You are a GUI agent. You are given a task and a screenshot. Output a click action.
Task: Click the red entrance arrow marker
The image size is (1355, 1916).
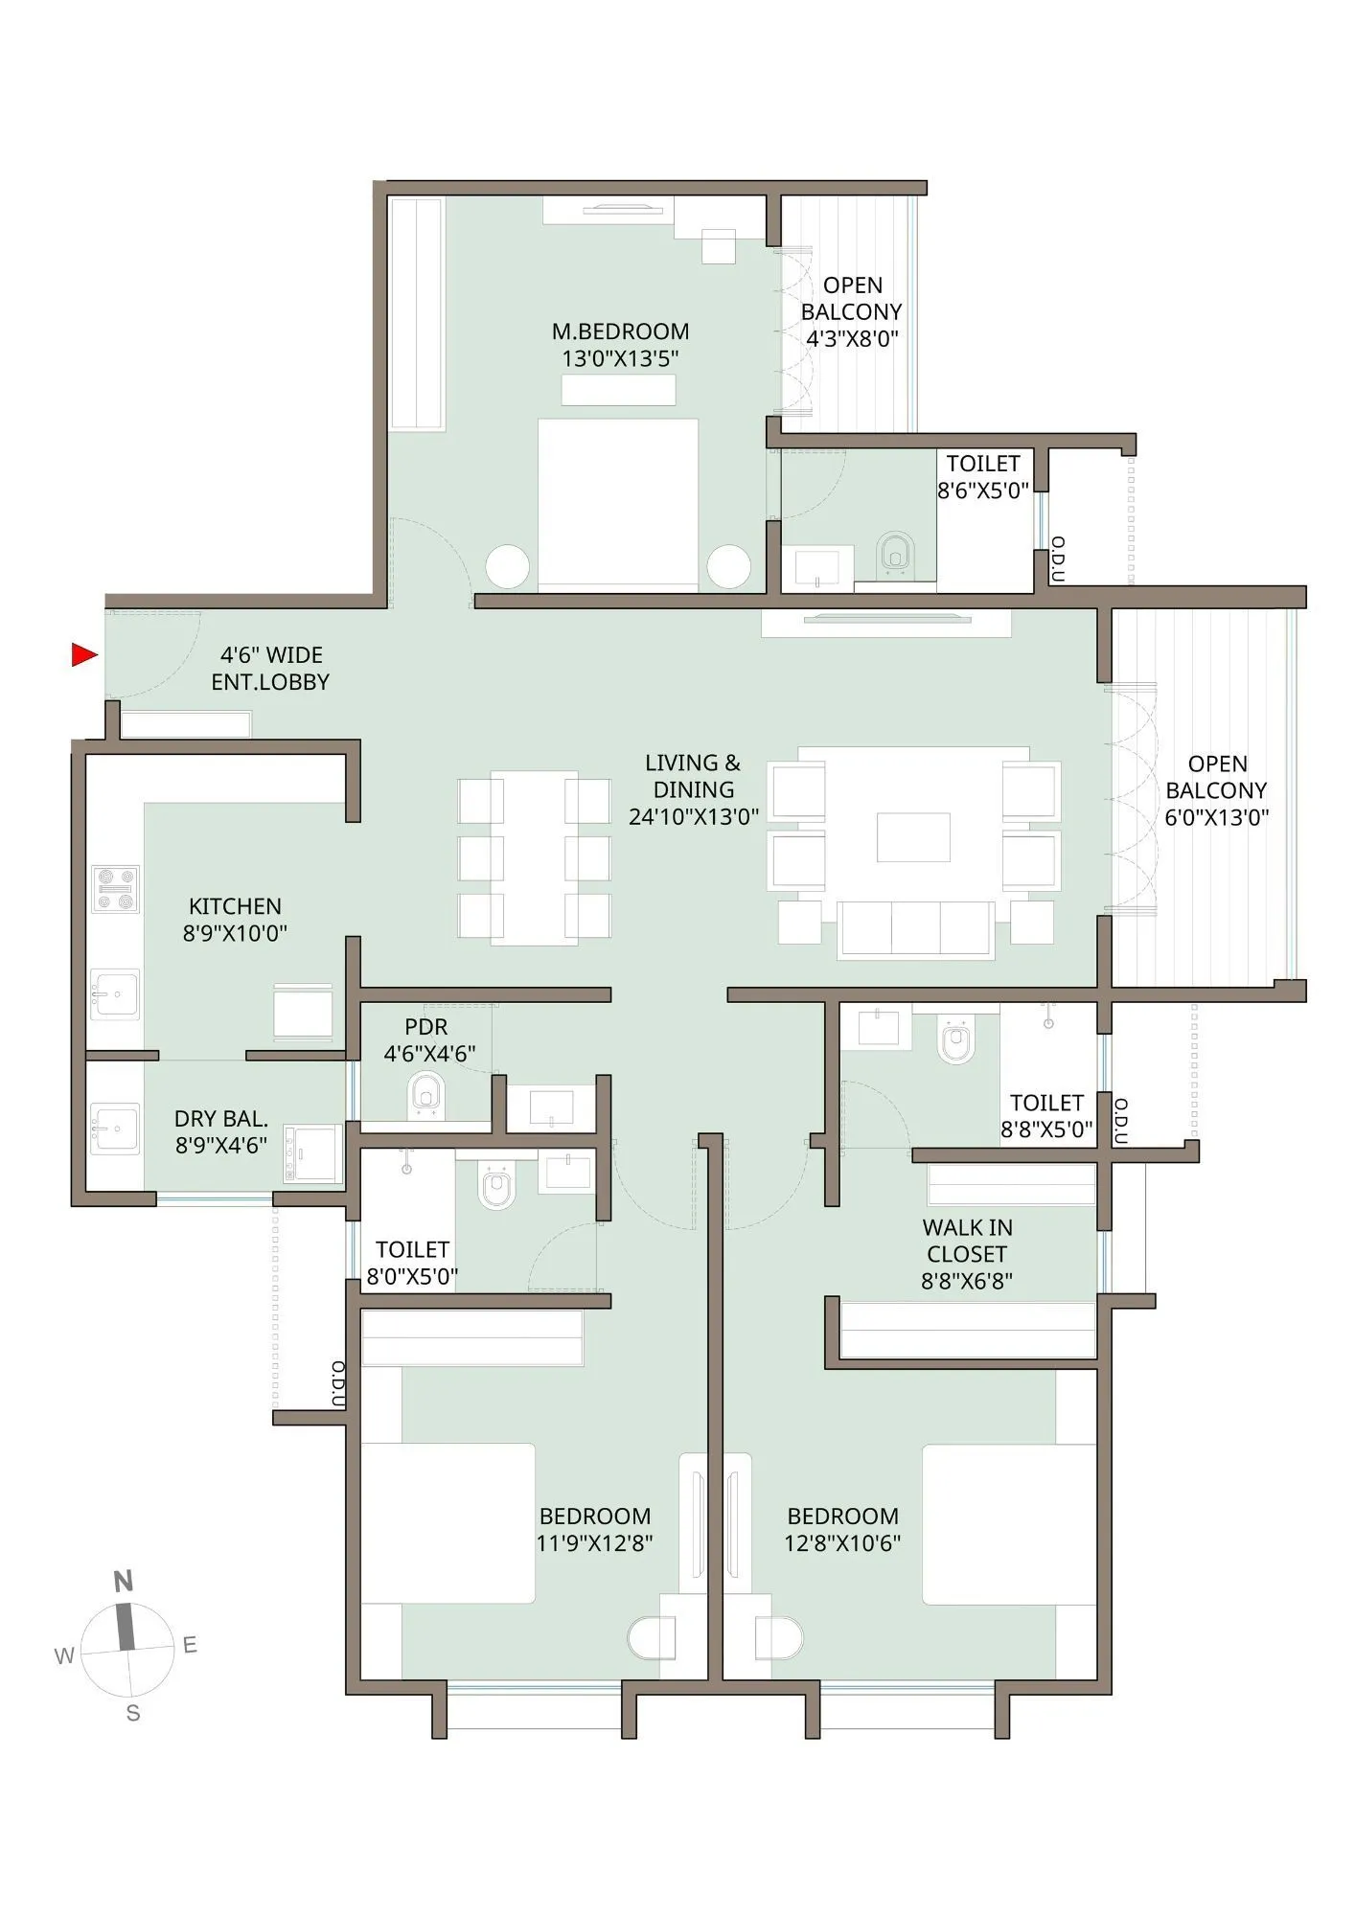pos(84,655)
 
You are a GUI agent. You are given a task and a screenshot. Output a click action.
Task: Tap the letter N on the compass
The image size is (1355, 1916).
pos(123,1582)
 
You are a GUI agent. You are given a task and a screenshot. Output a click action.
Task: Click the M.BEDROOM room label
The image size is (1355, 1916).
pos(620,331)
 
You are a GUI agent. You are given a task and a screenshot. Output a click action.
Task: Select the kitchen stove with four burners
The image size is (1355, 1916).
pos(115,889)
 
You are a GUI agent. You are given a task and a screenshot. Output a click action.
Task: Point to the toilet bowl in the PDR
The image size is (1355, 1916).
pos(426,1094)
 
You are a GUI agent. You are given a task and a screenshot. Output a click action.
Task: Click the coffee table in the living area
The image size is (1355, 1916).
pos(913,836)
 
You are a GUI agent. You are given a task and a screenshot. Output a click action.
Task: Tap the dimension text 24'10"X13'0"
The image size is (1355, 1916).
pos(693,817)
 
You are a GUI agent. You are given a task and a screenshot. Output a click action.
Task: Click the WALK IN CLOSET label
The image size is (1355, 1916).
pos(967,1241)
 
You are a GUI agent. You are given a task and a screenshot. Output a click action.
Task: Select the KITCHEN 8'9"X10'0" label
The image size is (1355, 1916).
pos(235,920)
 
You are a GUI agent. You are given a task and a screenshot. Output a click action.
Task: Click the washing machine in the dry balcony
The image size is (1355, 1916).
pos(313,1153)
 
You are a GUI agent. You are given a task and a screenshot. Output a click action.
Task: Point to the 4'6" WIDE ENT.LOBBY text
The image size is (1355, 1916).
pos(270,669)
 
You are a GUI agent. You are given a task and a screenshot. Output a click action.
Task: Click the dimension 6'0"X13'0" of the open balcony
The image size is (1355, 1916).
pos(1216,818)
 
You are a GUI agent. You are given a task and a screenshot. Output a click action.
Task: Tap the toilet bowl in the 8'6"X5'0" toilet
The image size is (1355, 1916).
pos(895,555)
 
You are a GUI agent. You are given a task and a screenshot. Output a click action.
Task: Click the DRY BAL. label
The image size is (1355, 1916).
pos(221,1119)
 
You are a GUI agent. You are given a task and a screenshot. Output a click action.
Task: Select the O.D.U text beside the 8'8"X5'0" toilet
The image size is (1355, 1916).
pos(1121,1122)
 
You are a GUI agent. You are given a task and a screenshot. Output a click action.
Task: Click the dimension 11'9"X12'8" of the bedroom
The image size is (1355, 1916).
pos(595,1543)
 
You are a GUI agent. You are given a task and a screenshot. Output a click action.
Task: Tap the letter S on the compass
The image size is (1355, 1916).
pos(133,1714)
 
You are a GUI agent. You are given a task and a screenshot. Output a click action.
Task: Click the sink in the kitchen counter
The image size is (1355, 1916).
pos(114,995)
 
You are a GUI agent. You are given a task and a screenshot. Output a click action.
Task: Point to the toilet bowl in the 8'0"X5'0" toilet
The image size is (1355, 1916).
pos(496,1188)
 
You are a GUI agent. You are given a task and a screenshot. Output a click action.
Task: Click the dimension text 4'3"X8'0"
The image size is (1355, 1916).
pos(852,339)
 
